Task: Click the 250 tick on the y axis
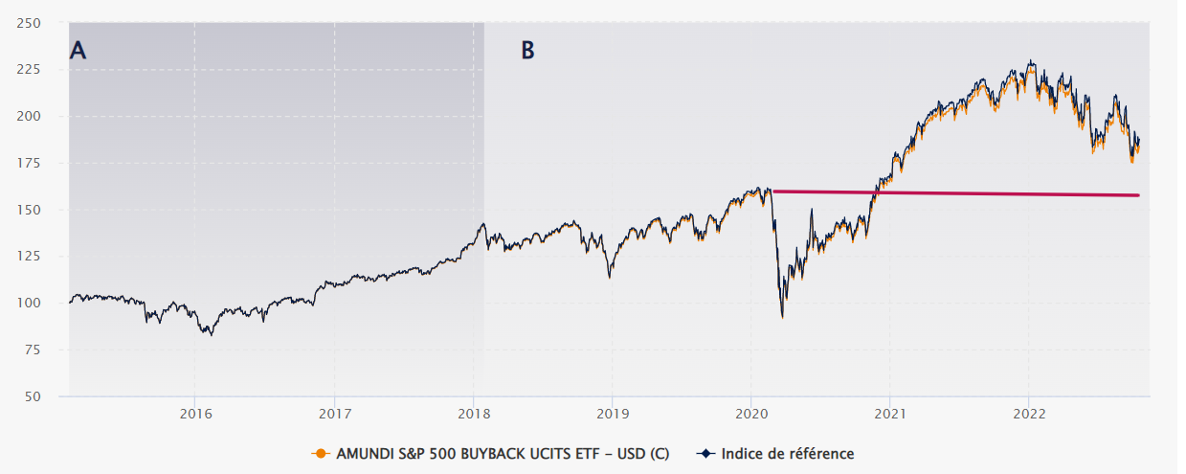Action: (x=42, y=23)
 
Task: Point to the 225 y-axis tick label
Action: (x=42, y=70)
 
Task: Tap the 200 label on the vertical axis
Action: (x=42, y=116)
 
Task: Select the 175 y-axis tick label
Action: (x=42, y=163)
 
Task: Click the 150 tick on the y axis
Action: (x=42, y=210)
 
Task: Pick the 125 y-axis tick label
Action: (x=42, y=256)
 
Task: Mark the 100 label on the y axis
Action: (x=42, y=303)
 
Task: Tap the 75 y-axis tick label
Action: (x=46, y=350)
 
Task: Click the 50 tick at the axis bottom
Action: (x=46, y=395)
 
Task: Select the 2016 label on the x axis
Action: (x=194, y=414)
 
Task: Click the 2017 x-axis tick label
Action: (x=334, y=414)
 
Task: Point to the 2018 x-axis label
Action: (x=473, y=414)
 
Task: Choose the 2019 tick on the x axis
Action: (x=612, y=414)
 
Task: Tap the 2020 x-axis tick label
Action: (x=750, y=414)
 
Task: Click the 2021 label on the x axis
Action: (x=890, y=414)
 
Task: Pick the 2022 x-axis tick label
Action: (x=1029, y=414)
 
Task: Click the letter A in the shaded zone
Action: (x=78, y=52)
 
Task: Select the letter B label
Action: (x=527, y=51)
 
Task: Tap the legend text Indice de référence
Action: (x=787, y=453)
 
